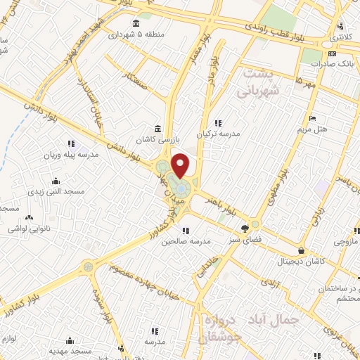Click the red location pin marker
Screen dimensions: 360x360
pos(181,165)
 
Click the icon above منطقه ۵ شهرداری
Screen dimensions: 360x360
pos(136,23)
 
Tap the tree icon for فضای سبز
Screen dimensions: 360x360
pos(244,228)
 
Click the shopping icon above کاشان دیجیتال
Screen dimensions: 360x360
pos(302,250)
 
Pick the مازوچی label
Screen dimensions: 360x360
pos(345,243)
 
